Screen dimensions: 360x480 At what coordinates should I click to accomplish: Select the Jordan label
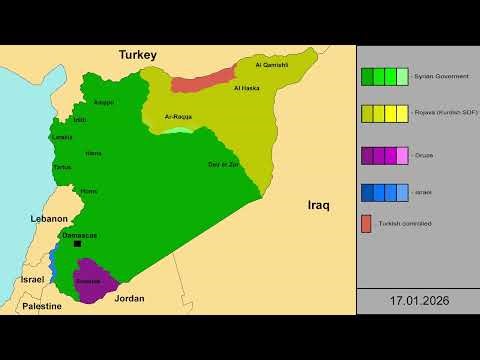tap(129, 298)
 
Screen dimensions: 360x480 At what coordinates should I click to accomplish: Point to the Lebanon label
tap(49, 218)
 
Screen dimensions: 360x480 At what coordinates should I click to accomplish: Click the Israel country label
tap(32, 280)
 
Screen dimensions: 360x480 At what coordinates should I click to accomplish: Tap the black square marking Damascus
tap(77, 244)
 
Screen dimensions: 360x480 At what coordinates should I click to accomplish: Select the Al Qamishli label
tap(272, 65)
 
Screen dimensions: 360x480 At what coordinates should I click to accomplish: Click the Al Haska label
tap(247, 88)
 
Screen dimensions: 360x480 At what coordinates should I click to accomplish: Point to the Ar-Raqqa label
tap(178, 116)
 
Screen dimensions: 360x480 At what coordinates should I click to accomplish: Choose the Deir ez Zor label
tap(222, 164)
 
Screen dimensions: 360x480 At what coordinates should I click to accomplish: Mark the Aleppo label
tap(104, 101)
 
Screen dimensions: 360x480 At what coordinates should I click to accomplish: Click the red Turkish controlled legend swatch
tap(367, 222)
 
